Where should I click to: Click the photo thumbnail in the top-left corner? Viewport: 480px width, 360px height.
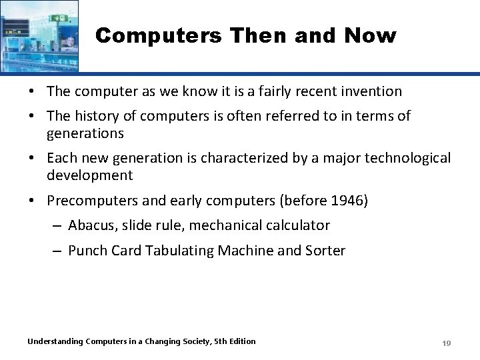tap(39, 35)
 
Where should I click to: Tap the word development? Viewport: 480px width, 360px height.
tap(89, 176)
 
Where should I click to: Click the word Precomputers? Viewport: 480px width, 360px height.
tap(89, 201)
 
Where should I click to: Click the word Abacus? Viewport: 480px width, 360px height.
tap(91, 225)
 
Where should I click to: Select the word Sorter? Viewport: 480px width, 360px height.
tap(323, 251)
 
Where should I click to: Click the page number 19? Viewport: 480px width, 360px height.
tap(447, 343)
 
